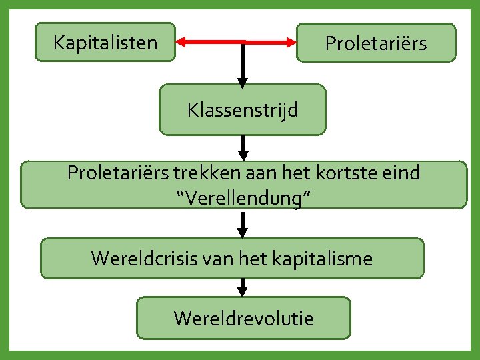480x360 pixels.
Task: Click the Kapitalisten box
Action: (105, 43)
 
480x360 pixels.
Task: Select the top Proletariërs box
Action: (376, 43)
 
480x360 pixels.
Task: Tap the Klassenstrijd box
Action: (243, 109)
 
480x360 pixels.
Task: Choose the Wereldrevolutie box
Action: (243, 318)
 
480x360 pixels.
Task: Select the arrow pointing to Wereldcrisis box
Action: (243, 225)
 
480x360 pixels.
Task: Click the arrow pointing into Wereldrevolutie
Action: (243, 287)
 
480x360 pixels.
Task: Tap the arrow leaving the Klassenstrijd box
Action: (243, 147)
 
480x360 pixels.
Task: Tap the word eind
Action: (403, 173)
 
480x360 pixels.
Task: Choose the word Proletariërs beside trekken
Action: (118, 173)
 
